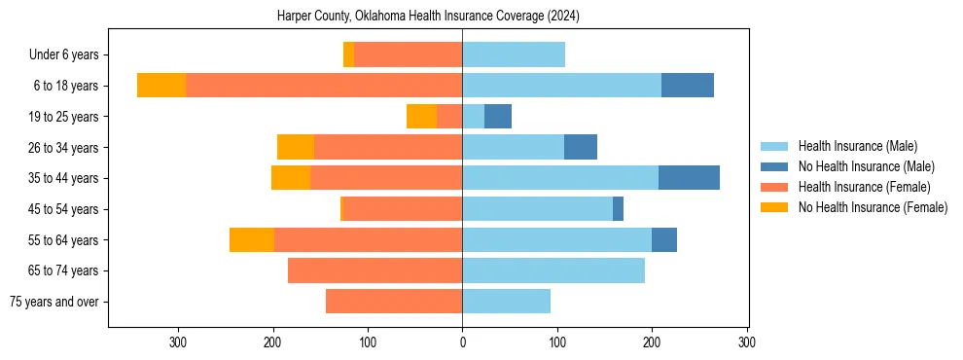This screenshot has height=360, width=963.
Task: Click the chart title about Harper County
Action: [x=428, y=17]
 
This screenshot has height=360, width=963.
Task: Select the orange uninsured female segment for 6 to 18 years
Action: [x=161, y=86]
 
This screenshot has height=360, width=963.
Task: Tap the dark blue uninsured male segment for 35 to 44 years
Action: [x=689, y=178]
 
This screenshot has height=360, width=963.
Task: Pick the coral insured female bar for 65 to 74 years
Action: [x=374, y=270]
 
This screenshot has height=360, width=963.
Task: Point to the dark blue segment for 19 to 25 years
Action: [x=498, y=117]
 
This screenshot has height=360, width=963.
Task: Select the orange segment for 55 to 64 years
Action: [x=252, y=239]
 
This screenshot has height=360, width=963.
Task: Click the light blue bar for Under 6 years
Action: [x=514, y=55]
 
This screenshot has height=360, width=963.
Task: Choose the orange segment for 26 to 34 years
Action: [x=296, y=147]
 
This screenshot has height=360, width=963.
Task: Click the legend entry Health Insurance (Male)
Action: [x=857, y=146]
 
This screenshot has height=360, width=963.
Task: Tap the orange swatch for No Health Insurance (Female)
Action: [x=774, y=207]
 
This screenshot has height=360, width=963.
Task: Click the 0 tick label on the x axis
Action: [x=462, y=342]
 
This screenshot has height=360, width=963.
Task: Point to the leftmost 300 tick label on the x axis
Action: [x=178, y=342]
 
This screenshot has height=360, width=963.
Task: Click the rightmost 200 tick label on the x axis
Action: [x=652, y=342]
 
